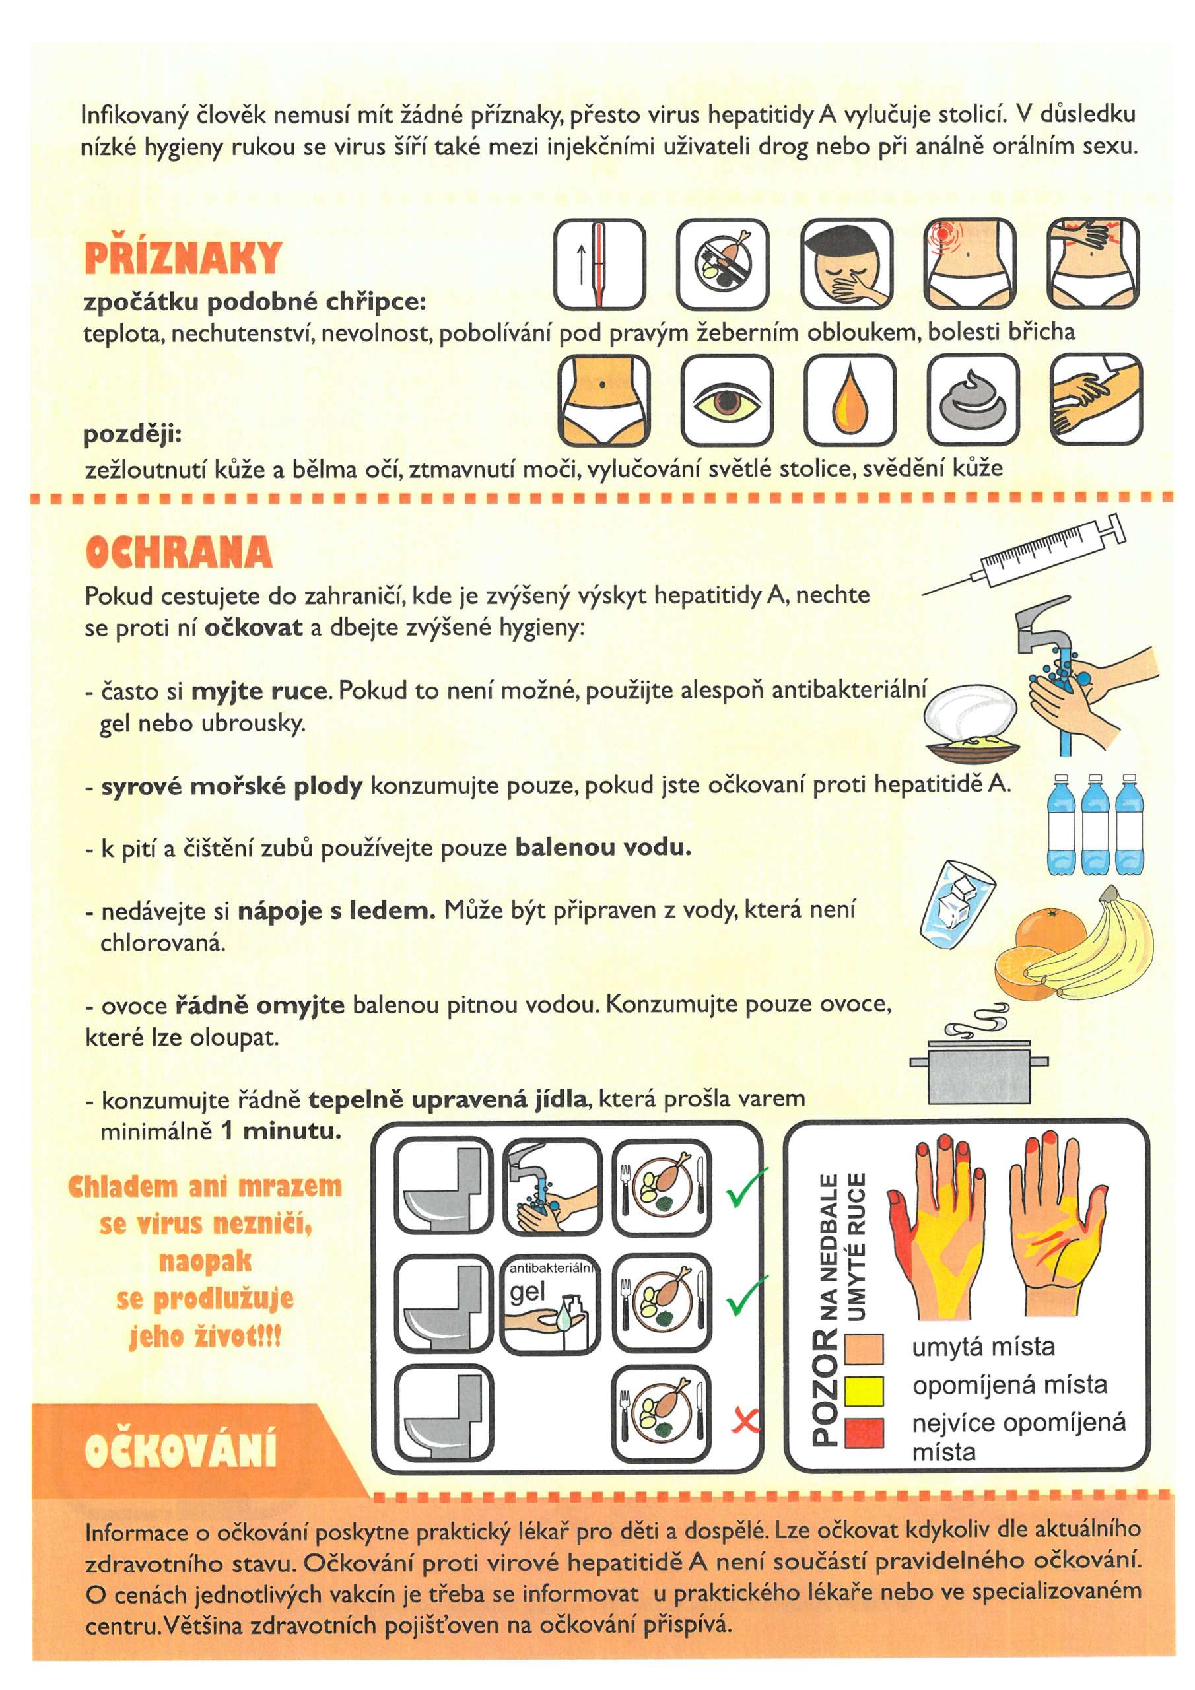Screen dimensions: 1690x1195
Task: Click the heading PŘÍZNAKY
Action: tap(183, 257)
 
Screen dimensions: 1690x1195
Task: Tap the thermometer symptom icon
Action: tap(599, 263)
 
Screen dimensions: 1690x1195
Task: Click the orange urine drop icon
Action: tap(850, 401)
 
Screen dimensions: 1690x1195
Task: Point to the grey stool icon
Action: tap(973, 401)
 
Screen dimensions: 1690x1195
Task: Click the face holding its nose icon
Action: tap(846, 263)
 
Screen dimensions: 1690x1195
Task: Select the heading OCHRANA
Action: tap(179, 552)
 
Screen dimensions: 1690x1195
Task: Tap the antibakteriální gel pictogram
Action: tap(550, 1304)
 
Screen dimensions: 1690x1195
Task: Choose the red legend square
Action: tap(864, 1432)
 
